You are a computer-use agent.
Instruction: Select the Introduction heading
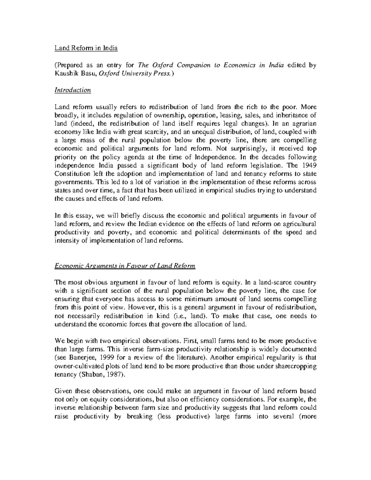73,90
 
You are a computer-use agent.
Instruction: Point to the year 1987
113,374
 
